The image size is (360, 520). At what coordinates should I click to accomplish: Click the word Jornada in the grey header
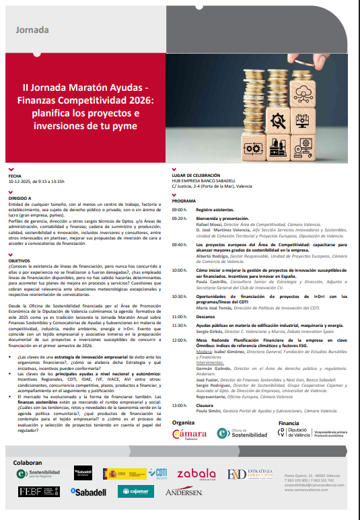32,30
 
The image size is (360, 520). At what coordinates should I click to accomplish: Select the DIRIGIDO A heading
20,198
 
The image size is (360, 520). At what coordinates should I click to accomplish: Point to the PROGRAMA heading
184,201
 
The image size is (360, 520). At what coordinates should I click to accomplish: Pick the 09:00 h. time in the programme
179,210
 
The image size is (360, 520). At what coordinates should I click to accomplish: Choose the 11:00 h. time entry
179,316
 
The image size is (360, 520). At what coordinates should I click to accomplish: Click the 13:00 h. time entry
179,405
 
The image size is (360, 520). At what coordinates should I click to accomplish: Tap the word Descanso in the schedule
205,316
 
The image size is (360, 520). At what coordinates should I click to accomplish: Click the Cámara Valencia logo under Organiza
190,434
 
